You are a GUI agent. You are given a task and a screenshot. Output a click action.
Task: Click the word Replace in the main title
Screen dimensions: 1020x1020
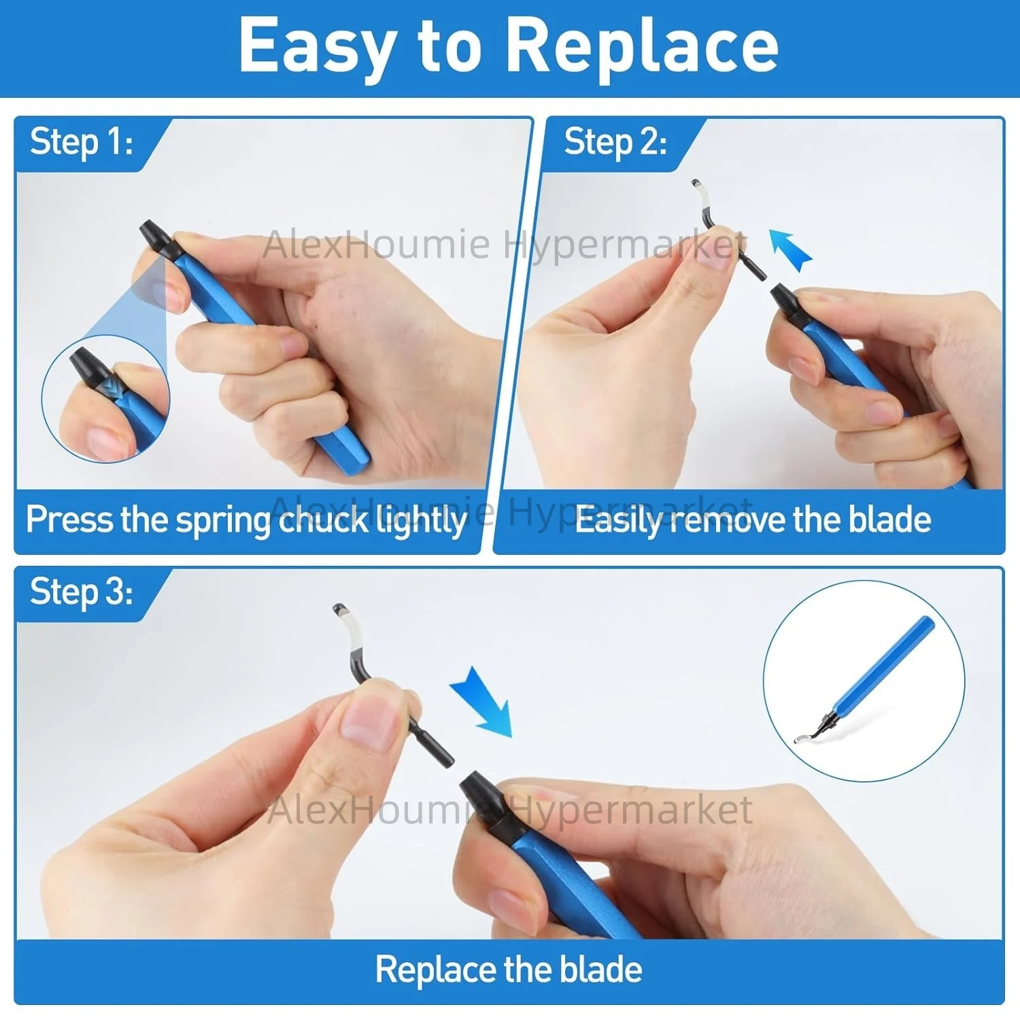tap(643, 46)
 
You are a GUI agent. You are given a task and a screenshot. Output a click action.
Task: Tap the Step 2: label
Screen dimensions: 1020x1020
tap(615, 143)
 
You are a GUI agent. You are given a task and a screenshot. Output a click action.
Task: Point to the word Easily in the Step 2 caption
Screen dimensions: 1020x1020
tap(619, 520)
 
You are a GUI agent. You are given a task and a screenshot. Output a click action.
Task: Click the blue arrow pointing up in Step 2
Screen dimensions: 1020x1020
tap(790, 250)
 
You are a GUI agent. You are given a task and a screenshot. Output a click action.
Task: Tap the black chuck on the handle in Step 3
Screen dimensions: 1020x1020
tap(484, 799)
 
